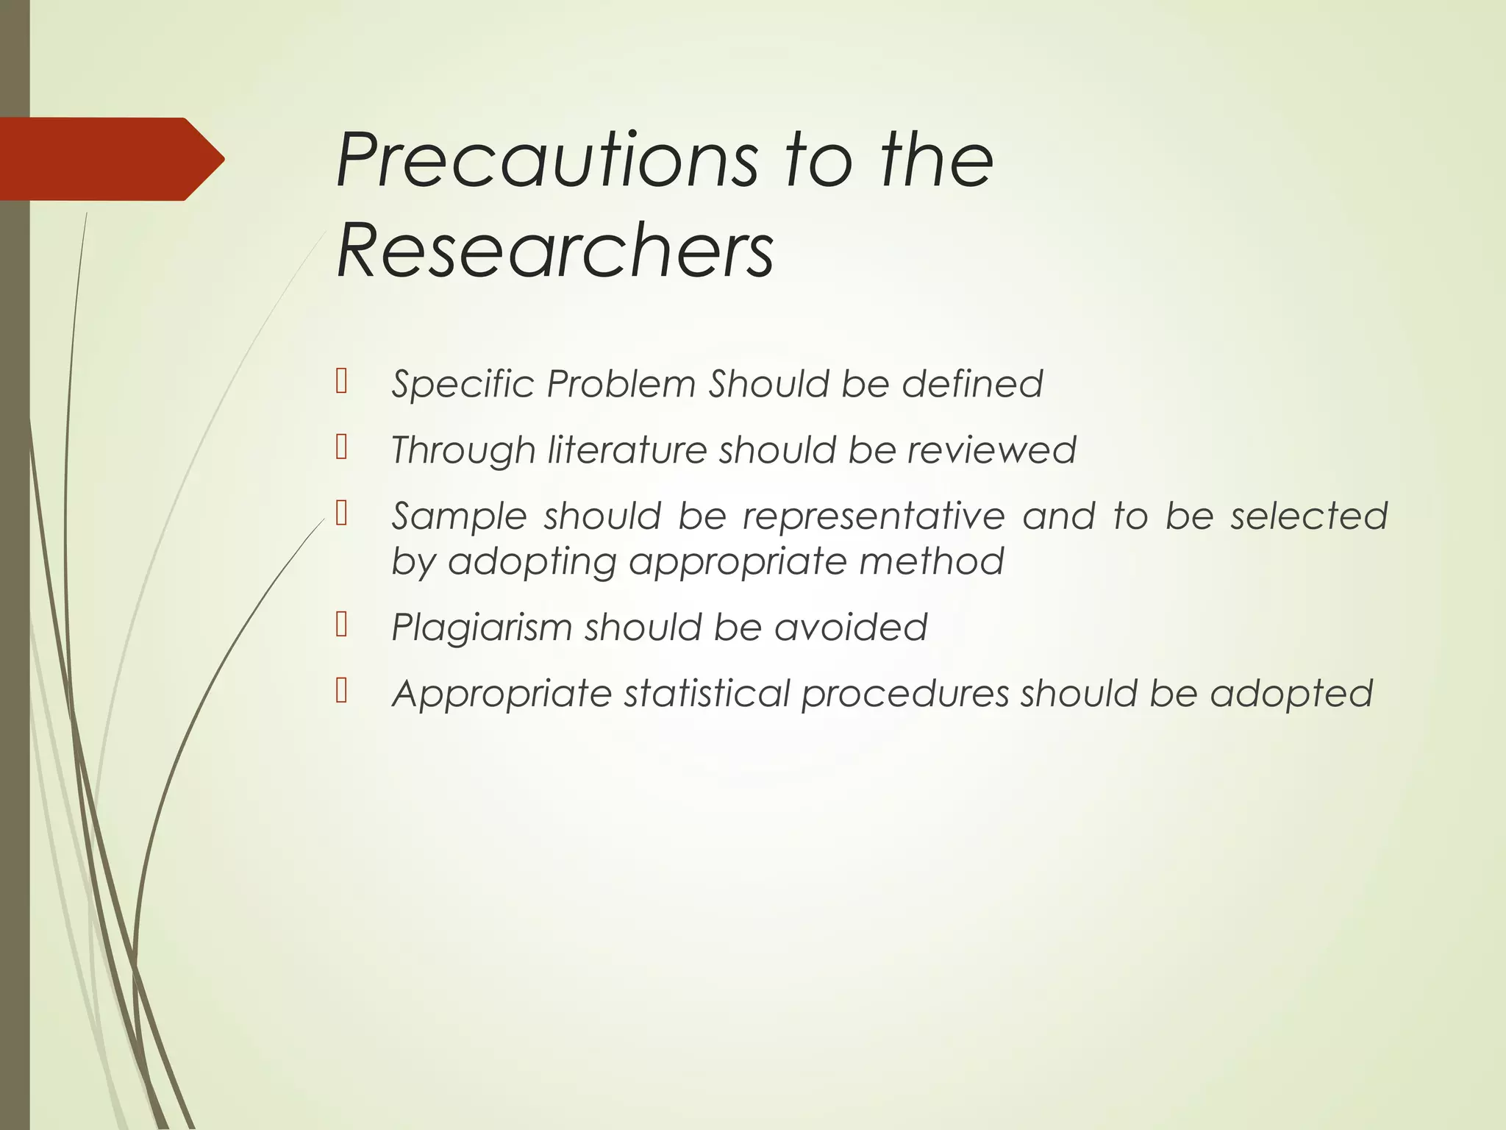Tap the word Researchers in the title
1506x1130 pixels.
pyautogui.click(x=554, y=252)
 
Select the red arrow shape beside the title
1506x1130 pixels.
pyautogui.click(x=110, y=159)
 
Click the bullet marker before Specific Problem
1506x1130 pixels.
pyautogui.click(x=341, y=382)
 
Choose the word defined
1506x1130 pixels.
pyautogui.click(x=972, y=384)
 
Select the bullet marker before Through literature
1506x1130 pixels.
pyautogui.click(x=341, y=447)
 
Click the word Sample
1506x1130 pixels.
pyautogui.click(x=459, y=516)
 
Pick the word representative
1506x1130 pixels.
pyautogui.click(x=873, y=516)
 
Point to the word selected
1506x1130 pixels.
pyautogui.click(x=1309, y=516)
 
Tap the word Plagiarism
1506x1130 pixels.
pyautogui.click(x=481, y=628)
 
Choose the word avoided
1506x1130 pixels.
pyautogui.click(x=850, y=628)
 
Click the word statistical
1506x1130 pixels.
pyautogui.click(x=706, y=694)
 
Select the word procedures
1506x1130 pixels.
pyautogui.click(x=904, y=694)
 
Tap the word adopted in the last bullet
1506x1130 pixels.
pyautogui.click(x=1291, y=694)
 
